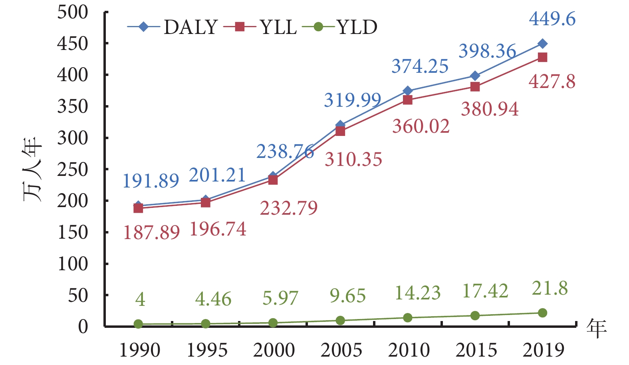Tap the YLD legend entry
pyautogui.click(x=340, y=27)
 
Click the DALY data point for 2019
pyautogui.click(x=542, y=44)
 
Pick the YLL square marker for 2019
pyautogui.click(x=542, y=57)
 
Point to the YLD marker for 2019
pyautogui.click(x=542, y=313)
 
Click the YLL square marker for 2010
pyautogui.click(x=408, y=100)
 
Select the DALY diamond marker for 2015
pyautogui.click(x=475, y=76)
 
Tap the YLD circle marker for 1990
pyautogui.click(x=138, y=324)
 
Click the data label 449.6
pyautogui.click(x=552, y=19)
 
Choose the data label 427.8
pyautogui.click(x=552, y=82)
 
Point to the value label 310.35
pyautogui.click(x=353, y=160)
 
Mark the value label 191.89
pyautogui.click(x=151, y=181)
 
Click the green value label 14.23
pyautogui.click(x=417, y=293)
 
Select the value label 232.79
pyautogui.click(x=289, y=208)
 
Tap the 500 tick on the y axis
pyautogui.click(x=72, y=12)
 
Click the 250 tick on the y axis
pyautogui.click(x=72, y=170)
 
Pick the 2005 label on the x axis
pyautogui.click(x=341, y=351)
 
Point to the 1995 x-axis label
pyautogui.click(x=207, y=351)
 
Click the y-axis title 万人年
pyautogui.click(x=32, y=170)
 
